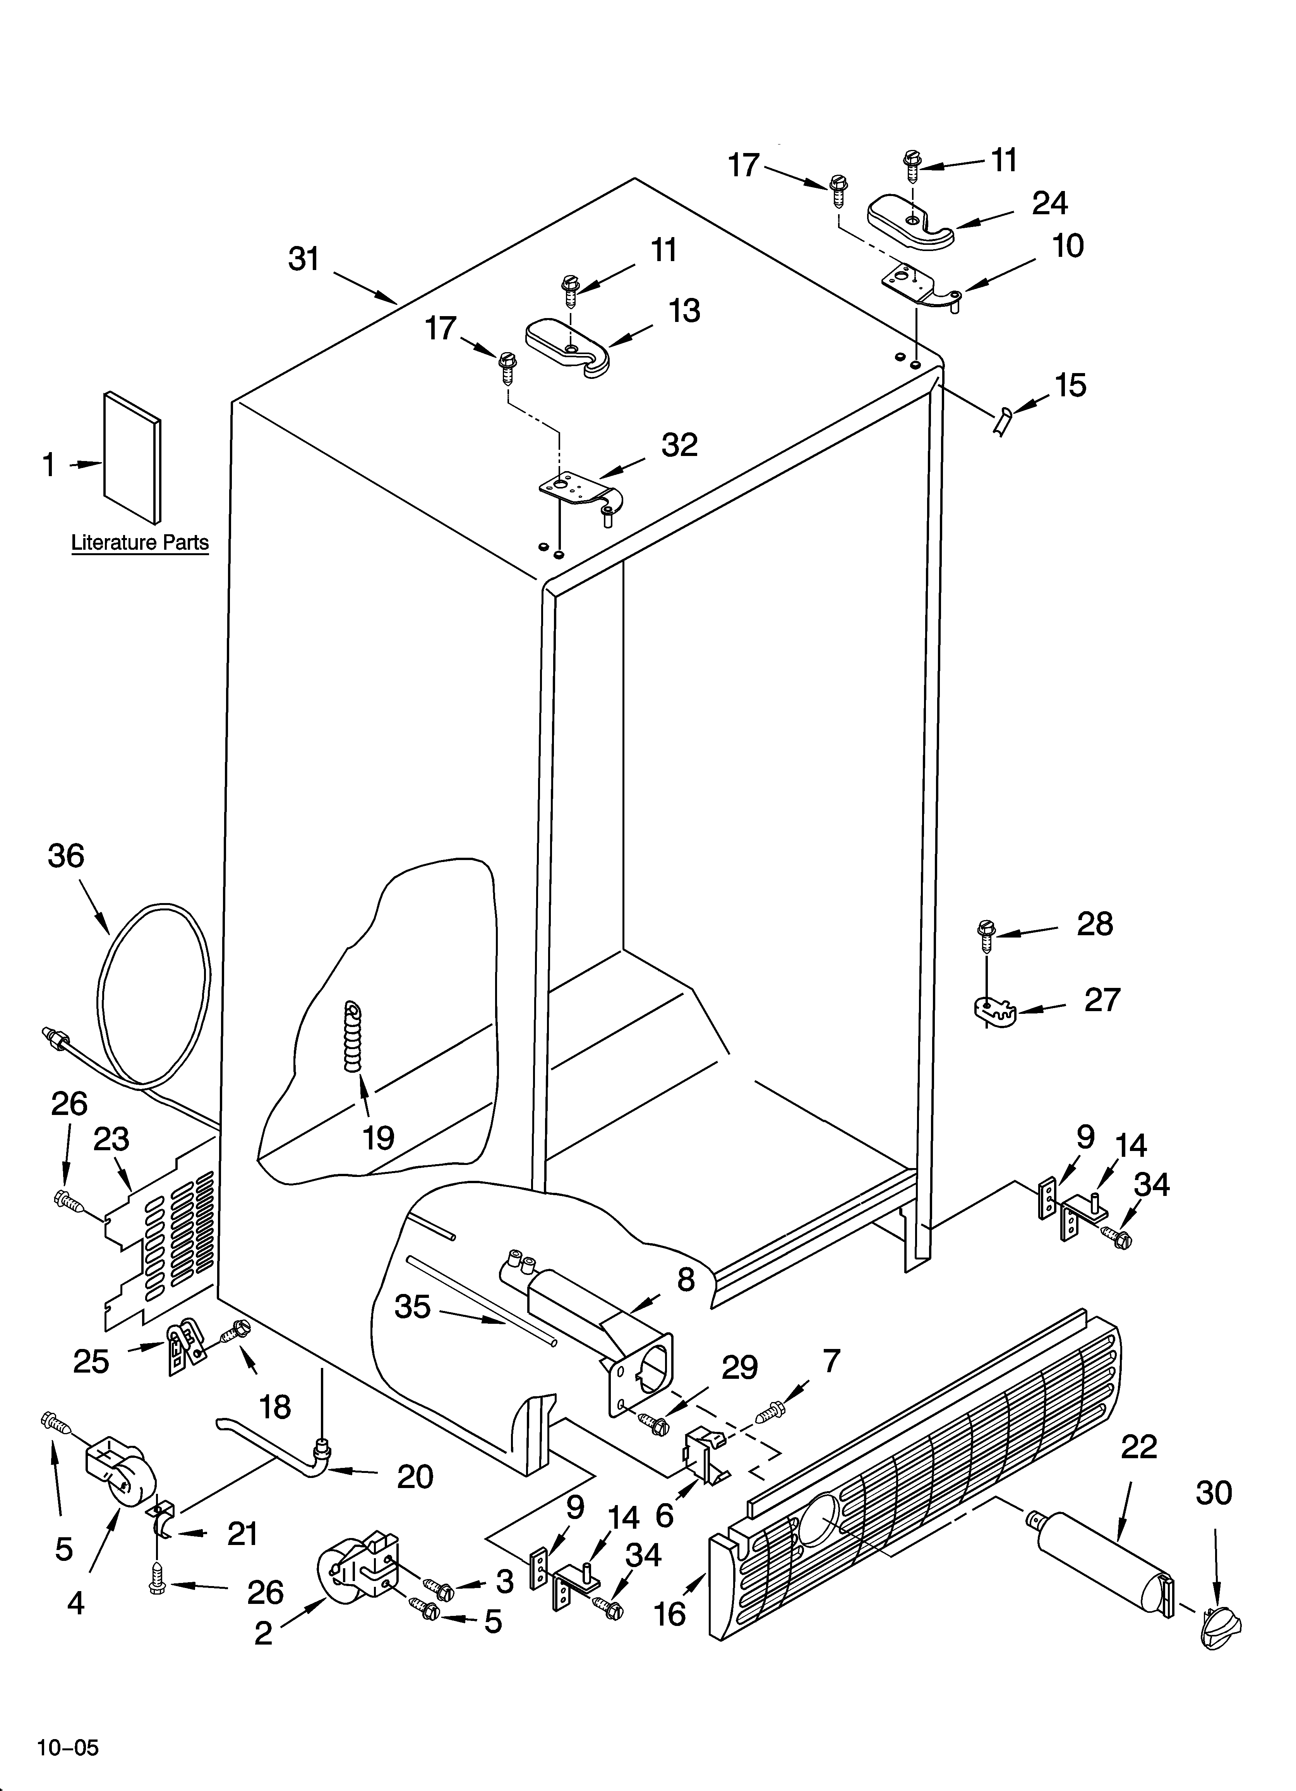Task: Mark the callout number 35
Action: click(412, 1307)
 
